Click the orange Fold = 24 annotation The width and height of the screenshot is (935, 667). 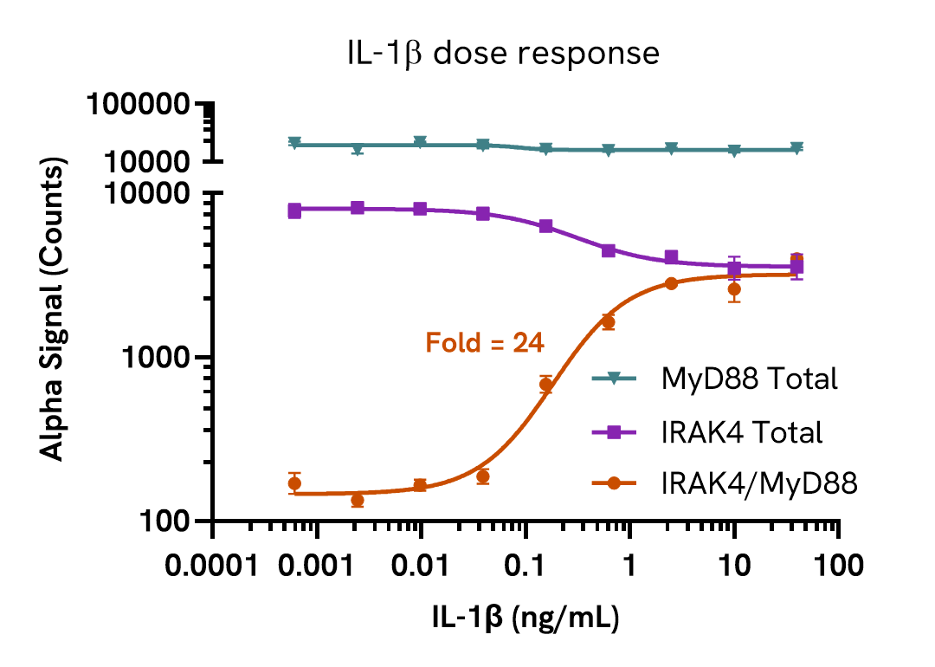pyautogui.click(x=485, y=343)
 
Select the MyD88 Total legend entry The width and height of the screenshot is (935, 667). pyautogui.click(x=750, y=379)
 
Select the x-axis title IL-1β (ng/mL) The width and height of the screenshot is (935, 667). pyautogui.click(x=526, y=618)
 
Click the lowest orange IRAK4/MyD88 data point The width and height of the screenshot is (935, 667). pyautogui.click(x=358, y=500)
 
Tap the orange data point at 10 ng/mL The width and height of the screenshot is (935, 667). pyautogui.click(x=734, y=289)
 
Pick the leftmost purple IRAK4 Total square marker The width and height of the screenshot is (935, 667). pyautogui.click(x=294, y=210)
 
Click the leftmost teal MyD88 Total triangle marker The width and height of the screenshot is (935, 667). pyautogui.click(x=294, y=143)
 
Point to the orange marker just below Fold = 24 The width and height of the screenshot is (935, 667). pyautogui.click(x=545, y=385)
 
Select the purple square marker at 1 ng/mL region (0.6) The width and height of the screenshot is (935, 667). pyautogui.click(x=609, y=250)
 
